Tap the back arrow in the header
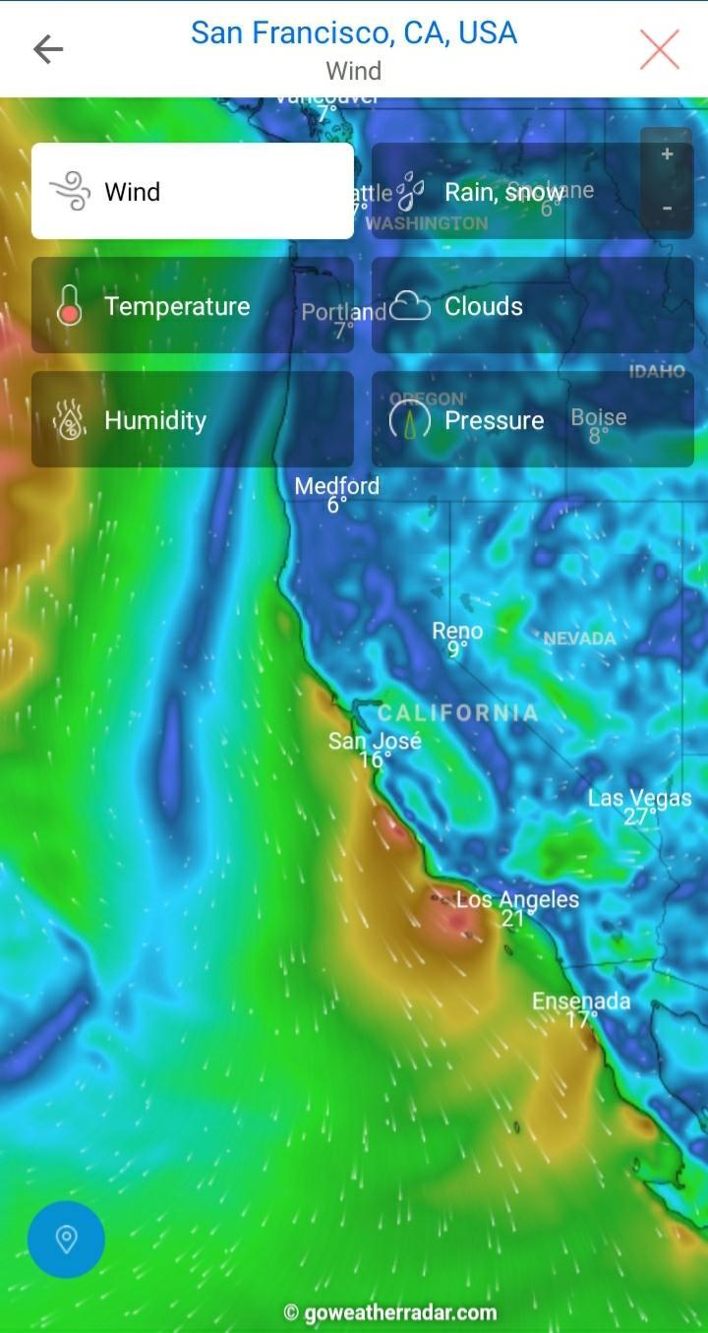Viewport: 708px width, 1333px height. tap(48, 49)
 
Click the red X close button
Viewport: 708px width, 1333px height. tap(659, 49)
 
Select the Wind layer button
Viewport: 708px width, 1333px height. tap(193, 191)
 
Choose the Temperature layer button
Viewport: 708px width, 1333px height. tap(193, 306)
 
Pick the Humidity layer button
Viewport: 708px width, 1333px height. tap(193, 420)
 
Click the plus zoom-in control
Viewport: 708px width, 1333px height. tap(667, 154)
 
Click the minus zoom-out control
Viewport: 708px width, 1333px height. tap(667, 209)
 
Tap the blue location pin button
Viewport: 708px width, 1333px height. tap(66, 1239)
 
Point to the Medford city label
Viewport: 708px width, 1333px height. tap(336, 486)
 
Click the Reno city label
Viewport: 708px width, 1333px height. tap(457, 632)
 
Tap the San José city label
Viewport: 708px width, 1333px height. tap(375, 741)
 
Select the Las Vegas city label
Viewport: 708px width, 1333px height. tap(639, 798)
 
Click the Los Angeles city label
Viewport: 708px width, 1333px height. tap(517, 899)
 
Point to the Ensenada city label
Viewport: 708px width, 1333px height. tap(581, 1001)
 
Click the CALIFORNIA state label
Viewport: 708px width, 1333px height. tap(458, 713)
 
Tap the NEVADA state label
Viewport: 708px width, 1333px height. tap(579, 638)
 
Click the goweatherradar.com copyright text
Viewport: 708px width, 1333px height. tap(389, 1312)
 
